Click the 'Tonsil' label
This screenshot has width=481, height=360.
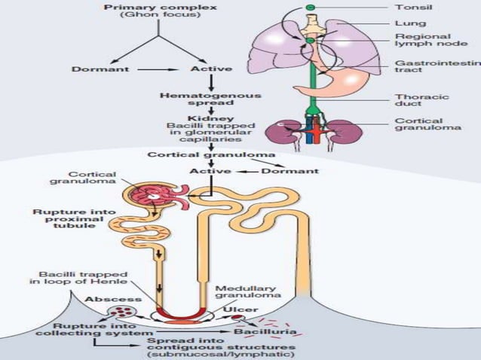(x=409, y=7)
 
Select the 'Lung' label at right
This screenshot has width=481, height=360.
(x=406, y=22)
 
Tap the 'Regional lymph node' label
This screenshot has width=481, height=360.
(x=423, y=41)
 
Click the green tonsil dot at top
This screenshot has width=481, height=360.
(x=311, y=7)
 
